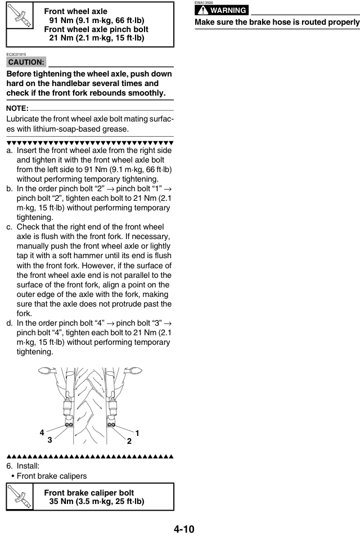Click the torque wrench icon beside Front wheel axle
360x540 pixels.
[x=20, y=24]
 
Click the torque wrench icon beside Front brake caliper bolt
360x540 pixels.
[x=20, y=497]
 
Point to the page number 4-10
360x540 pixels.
[x=180, y=529]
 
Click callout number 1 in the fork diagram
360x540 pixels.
[x=138, y=433]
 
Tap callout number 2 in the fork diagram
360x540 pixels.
[x=129, y=441]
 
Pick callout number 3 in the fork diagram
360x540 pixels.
[x=50, y=440]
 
